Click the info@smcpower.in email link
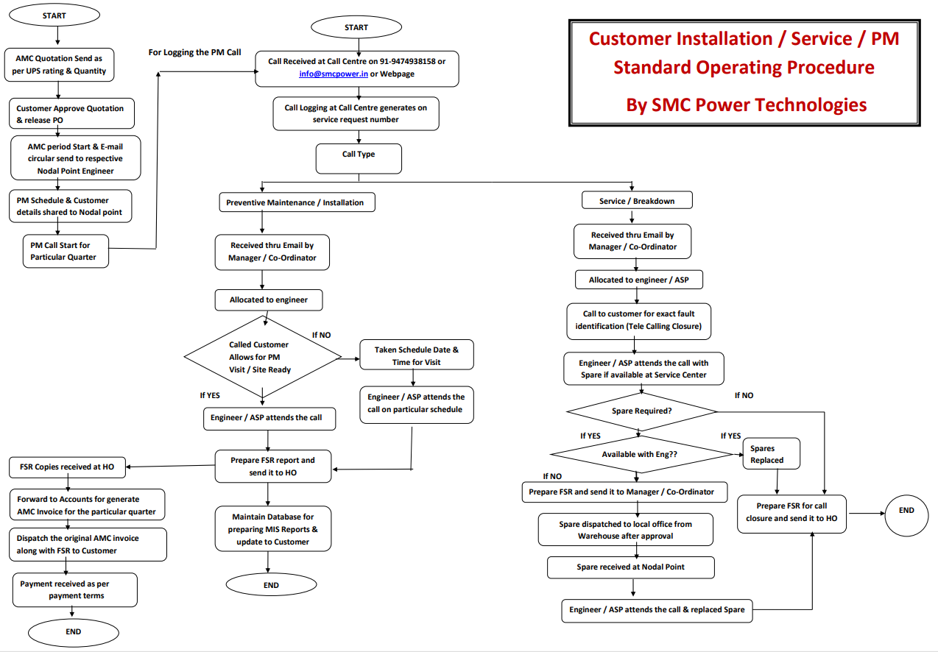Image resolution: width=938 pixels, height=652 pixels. click(334, 74)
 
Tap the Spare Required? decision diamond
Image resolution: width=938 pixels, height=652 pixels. click(641, 411)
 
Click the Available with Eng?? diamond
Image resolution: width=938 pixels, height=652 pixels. click(640, 454)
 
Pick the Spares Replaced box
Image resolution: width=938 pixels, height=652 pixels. click(771, 454)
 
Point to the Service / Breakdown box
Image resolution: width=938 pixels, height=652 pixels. click(636, 201)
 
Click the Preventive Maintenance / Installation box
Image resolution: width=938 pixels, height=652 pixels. click(295, 202)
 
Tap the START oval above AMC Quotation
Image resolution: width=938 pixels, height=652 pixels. click(54, 15)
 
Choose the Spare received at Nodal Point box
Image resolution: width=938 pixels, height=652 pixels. click(631, 567)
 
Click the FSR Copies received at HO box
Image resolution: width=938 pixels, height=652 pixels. click(67, 467)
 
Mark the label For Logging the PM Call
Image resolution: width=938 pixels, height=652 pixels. click(194, 52)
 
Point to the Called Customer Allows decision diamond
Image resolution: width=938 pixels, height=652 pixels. click(263, 357)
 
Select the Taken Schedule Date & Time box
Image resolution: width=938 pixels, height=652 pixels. click(416, 355)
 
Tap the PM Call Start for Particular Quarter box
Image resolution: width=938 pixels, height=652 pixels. click(66, 251)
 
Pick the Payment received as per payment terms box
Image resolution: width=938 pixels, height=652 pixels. click(75, 589)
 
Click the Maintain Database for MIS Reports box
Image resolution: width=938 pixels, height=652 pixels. click(273, 529)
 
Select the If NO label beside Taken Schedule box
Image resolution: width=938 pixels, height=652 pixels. click(321, 335)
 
